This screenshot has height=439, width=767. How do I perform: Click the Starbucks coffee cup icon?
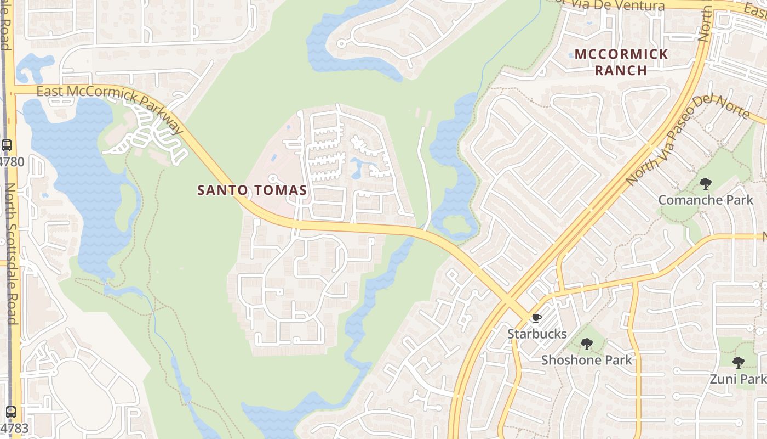pos(536,318)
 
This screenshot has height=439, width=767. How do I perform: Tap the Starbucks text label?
pos(537,334)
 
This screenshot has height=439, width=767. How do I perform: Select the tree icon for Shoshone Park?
pos(587,344)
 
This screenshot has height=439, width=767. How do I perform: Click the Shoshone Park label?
pos(587,360)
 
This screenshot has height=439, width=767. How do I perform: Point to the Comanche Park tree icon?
pos(706,184)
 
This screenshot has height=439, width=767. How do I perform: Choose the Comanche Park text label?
pos(706,200)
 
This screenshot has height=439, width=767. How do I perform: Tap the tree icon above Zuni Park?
pos(739,362)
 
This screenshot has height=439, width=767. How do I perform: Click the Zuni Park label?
pos(738,379)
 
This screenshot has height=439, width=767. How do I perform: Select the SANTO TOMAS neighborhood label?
pos(252,190)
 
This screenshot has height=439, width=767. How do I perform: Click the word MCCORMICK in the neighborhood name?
pos(622,54)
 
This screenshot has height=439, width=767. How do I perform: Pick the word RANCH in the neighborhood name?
pos(621,70)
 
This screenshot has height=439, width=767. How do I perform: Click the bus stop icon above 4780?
pos(7,145)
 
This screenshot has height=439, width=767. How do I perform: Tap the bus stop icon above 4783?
pos(10,412)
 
